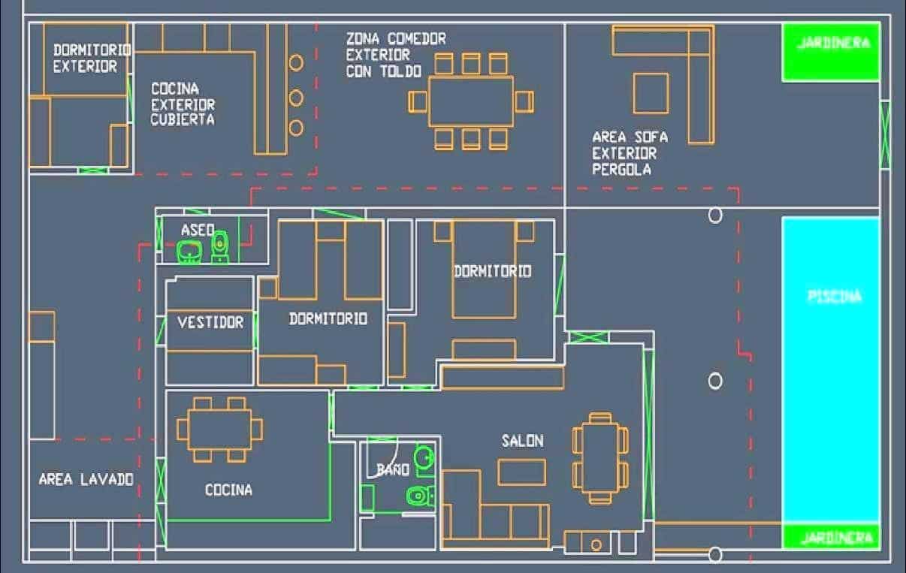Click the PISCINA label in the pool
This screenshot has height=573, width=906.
(x=835, y=297)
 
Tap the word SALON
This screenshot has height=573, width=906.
(x=523, y=441)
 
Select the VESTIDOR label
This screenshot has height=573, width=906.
(x=210, y=322)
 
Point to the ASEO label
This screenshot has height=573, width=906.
(x=198, y=230)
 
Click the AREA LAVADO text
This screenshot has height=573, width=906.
(x=86, y=480)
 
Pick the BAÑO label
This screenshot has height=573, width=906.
(x=393, y=469)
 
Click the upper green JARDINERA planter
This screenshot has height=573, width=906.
(x=831, y=52)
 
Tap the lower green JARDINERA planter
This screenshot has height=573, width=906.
(x=832, y=536)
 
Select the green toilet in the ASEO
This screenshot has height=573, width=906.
(x=220, y=247)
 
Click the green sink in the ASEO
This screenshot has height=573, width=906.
(x=189, y=252)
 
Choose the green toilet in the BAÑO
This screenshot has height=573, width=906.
(x=421, y=496)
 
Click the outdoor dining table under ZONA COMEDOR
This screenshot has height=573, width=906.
(x=471, y=101)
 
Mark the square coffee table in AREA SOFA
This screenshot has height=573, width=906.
(x=651, y=93)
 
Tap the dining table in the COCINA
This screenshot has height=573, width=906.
(x=220, y=429)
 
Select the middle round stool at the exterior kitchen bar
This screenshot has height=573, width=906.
(x=296, y=98)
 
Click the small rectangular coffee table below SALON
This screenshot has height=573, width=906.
(x=522, y=472)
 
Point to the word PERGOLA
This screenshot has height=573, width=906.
(x=622, y=170)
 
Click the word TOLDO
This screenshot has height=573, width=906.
(x=401, y=71)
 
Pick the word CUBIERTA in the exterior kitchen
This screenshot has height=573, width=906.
(x=183, y=119)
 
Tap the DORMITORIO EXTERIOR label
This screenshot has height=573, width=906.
(x=92, y=59)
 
